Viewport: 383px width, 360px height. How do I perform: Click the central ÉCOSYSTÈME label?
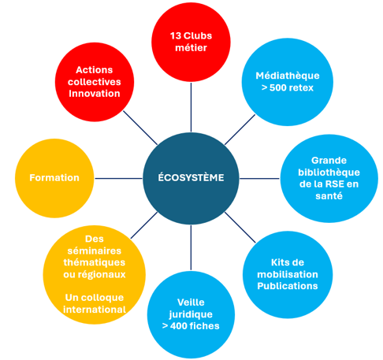coord(191,177)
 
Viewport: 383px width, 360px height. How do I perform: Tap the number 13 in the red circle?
coord(175,35)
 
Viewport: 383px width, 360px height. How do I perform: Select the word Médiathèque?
coord(288,76)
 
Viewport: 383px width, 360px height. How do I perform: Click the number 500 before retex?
coord(278,87)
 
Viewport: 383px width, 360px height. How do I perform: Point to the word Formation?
coord(54,178)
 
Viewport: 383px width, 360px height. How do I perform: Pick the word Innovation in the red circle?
coord(95,94)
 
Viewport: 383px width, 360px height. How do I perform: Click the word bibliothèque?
coord(329,173)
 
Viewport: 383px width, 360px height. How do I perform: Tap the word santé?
coord(329,196)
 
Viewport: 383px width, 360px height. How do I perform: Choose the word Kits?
coord(280,262)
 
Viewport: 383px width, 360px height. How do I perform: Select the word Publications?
coord(288,286)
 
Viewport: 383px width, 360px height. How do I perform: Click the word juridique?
coord(191,314)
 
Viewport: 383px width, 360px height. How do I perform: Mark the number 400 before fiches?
coord(179,326)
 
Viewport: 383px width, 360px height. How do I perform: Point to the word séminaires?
coord(95,251)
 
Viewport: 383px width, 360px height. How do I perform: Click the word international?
coord(95,310)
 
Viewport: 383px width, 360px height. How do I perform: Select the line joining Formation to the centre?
coord(118,179)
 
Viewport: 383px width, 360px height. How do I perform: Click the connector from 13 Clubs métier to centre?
coord(191,107)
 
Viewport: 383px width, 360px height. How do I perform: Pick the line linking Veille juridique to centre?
coord(191,247)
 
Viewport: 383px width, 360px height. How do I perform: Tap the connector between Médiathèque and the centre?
coord(240,129)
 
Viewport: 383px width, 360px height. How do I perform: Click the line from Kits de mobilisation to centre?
coord(240,228)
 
